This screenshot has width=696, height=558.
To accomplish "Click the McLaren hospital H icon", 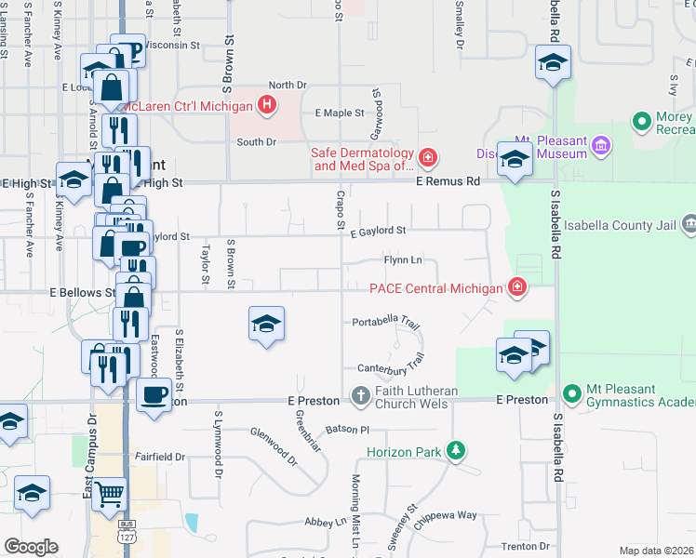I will pos(267,105).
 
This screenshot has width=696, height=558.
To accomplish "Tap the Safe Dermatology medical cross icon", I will pos(427,158).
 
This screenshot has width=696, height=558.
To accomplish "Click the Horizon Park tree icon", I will pos(455,452).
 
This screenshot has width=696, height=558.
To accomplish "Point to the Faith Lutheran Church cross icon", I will pos(361,396).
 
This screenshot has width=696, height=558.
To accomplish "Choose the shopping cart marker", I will pos(110,494).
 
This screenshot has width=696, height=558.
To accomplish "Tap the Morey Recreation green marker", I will pos(640,122).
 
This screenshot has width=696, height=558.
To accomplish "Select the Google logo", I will pos(32,546).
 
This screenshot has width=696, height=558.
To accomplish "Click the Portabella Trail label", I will pos(387,323).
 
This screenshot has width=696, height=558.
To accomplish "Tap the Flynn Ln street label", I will pos(403,260).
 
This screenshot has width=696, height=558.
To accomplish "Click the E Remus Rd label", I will pos(448,182).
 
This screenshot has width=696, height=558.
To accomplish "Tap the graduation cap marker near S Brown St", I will pos(266,324).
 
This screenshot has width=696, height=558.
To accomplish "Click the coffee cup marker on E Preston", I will pos(154,394).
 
